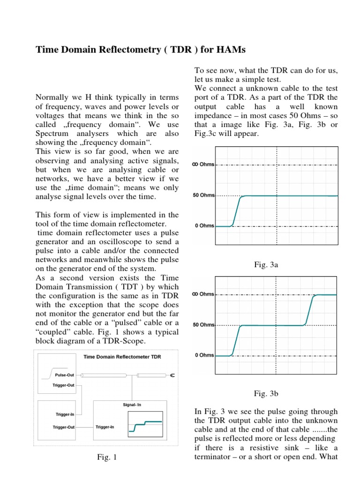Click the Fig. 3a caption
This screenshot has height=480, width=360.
pos(266,265)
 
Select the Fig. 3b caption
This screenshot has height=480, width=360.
pos(266,393)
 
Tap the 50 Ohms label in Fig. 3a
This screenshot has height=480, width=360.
pos(203,195)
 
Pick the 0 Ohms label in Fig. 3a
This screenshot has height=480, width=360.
pos(204,226)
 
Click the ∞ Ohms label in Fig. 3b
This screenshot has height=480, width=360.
pos(203,294)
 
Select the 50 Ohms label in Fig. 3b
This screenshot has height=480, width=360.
pos(203,325)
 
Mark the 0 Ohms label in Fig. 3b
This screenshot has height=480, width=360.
pos(204,355)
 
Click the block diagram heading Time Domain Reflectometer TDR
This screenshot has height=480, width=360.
pos(122,357)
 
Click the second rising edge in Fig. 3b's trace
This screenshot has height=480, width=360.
pos(309,309)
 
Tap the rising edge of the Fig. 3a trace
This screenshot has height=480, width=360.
pos(237,211)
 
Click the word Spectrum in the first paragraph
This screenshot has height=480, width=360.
pos(51,134)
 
